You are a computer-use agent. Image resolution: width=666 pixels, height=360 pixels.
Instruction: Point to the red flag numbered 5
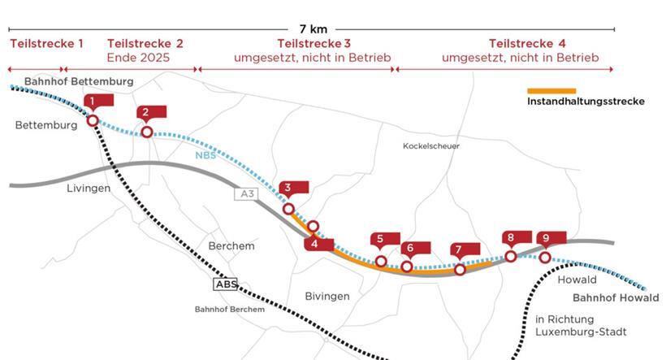pyautogui.click(x=380, y=240)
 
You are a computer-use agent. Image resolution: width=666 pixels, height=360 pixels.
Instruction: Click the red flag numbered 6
pyautogui.click(x=410, y=248)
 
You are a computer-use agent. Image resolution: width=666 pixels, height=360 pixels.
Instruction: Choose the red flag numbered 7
pyautogui.click(x=459, y=250)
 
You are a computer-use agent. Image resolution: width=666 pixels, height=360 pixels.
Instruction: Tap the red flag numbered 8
pyautogui.click(x=511, y=238)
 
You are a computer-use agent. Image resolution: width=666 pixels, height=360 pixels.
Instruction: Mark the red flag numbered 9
pyautogui.click(x=547, y=238)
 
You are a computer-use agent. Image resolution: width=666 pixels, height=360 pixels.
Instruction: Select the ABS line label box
pyautogui.click(x=225, y=284)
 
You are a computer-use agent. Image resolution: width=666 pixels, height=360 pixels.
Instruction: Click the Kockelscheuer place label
pyautogui.click(x=430, y=146)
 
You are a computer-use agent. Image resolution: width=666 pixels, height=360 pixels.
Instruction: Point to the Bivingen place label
pyautogui.click(x=327, y=297)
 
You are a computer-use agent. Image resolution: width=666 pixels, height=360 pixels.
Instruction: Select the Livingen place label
pyautogui.click(x=88, y=189)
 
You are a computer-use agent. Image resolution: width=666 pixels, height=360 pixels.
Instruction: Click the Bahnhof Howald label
pyautogui.click(x=609, y=297)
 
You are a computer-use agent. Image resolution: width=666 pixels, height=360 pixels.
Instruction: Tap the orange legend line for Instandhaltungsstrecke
pyautogui.click(x=551, y=91)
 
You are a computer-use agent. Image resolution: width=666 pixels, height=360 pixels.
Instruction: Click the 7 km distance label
pyautogui.click(x=313, y=28)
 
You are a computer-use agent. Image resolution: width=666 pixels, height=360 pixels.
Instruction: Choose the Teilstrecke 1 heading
pyautogui.click(x=45, y=43)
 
